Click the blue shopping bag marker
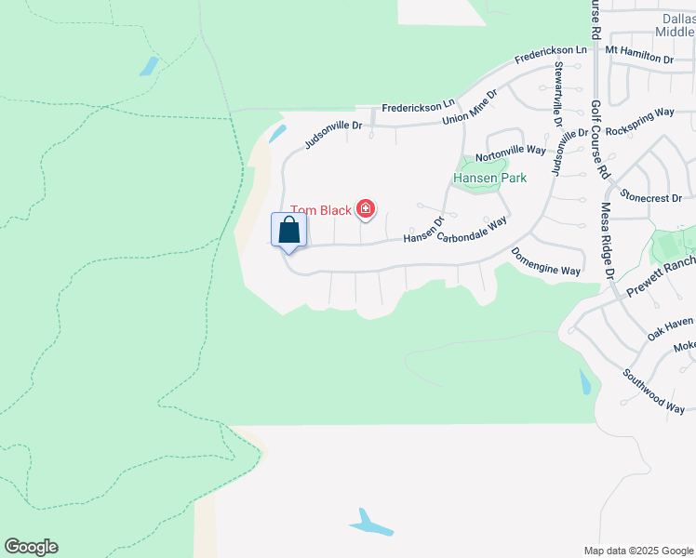click(288, 231)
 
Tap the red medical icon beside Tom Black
click(366, 209)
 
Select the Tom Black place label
click(321, 210)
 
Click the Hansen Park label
click(489, 178)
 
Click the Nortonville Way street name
click(511, 149)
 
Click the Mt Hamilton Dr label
click(639, 53)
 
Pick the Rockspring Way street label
click(639, 120)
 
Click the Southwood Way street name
click(655, 390)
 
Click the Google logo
click(31, 547)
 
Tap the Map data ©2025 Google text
click(638, 551)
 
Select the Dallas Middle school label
click(674, 24)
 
